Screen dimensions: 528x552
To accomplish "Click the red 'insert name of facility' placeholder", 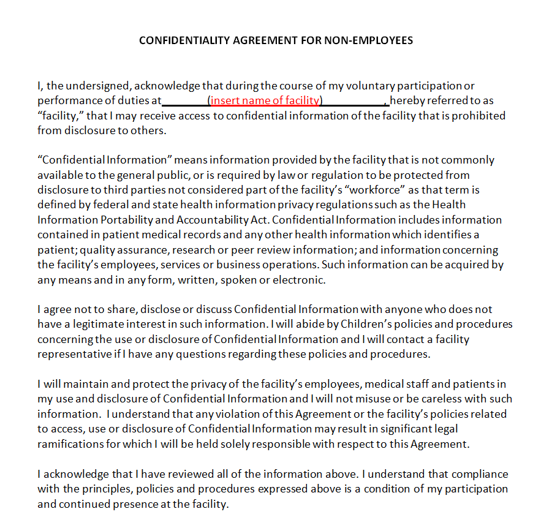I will click(x=265, y=100).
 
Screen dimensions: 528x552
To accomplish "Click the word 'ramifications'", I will click(x=70, y=444).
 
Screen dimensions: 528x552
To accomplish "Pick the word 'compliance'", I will click(x=478, y=474).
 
